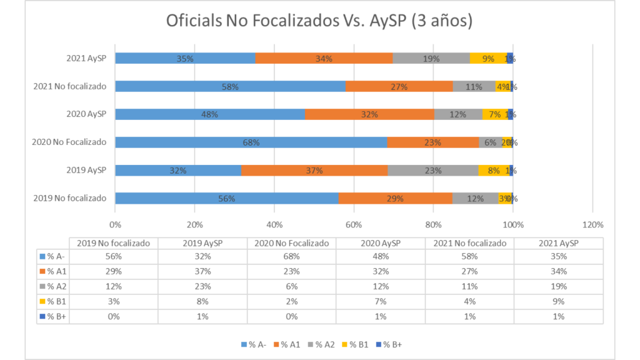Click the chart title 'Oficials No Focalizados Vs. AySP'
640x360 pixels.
tap(319, 21)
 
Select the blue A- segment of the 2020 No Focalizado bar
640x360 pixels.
tap(251, 142)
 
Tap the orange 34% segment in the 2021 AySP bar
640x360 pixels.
tap(324, 58)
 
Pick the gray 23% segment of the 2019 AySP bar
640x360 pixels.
tap(433, 170)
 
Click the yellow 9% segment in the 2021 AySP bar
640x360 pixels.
tap(487, 58)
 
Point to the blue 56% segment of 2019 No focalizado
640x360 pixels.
tap(226, 198)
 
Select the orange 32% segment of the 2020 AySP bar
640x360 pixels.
tap(369, 114)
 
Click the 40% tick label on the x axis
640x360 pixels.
tap(274, 225)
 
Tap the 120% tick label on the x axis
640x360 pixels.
tap(592, 225)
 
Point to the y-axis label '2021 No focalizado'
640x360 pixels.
tap(70, 86)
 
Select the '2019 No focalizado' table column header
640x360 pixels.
tap(113, 243)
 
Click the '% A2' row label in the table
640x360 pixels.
tap(52, 286)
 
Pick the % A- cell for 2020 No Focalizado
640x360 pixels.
tap(291, 256)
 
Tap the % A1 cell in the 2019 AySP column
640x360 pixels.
tap(202, 271)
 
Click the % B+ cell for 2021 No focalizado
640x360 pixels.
tap(469, 316)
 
